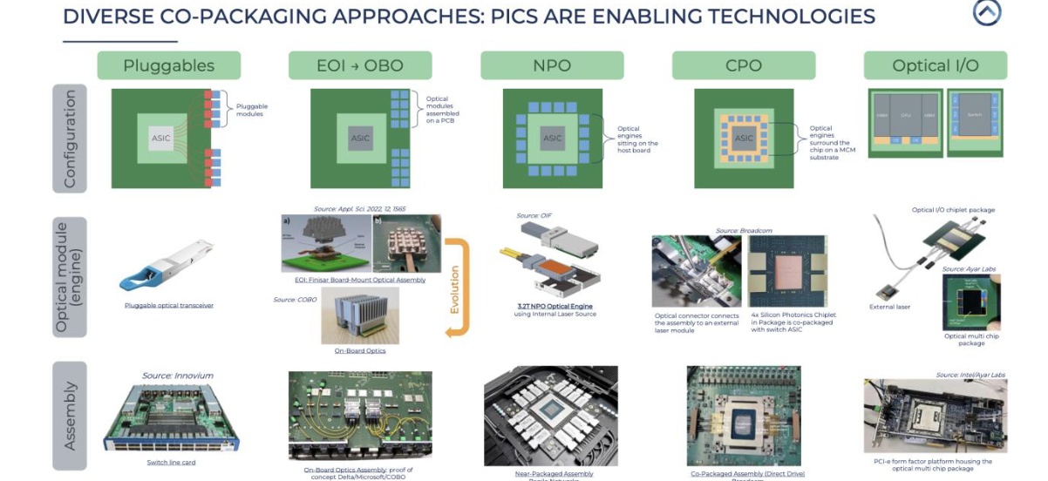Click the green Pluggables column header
[x=168, y=65]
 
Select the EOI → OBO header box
[x=360, y=65]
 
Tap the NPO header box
[x=552, y=65]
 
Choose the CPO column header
[x=744, y=65]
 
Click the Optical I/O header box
[x=935, y=65]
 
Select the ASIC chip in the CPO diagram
[x=744, y=138]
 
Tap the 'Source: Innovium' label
[x=178, y=376]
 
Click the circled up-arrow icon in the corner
[x=986, y=12]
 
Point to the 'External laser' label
[x=890, y=307]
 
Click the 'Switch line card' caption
[x=171, y=463]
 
